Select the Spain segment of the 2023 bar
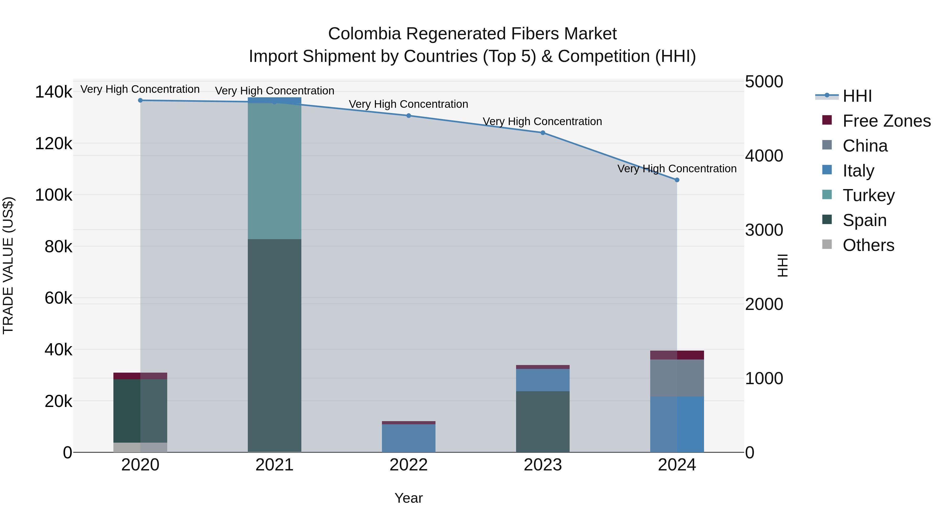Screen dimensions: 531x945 click(x=543, y=421)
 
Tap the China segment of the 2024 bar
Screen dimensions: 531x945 click(x=677, y=378)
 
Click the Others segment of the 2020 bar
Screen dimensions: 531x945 click(x=140, y=447)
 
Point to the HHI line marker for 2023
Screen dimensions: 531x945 click(x=543, y=133)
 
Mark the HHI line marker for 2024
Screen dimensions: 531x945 click(x=677, y=180)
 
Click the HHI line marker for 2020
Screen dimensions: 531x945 click(x=140, y=100)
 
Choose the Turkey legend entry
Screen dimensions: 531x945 click(x=868, y=195)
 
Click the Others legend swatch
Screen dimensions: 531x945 click(x=827, y=244)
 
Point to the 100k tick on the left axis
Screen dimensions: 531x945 click(x=54, y=195)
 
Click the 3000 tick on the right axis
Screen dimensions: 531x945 click(x=764, y=230)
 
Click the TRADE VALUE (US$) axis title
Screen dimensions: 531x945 click(x=8, y=265)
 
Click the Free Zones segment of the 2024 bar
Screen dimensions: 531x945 click(x=677, y=355)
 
